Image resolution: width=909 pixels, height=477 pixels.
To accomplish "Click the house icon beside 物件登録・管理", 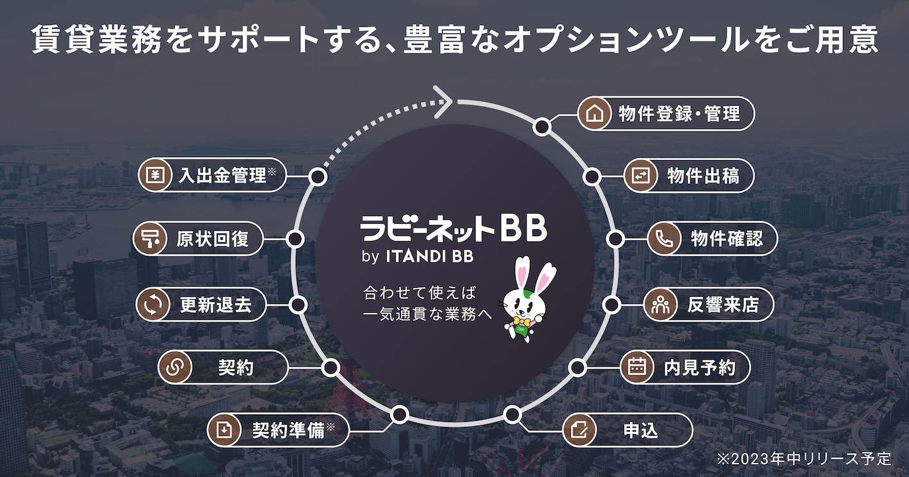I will [x=594, y=114].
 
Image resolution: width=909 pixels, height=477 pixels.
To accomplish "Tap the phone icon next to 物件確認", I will [x=663, y=239].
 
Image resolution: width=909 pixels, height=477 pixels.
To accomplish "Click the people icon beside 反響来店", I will [x=659, y=305].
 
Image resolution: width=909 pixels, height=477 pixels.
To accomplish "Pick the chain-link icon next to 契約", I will [x=174, y=367].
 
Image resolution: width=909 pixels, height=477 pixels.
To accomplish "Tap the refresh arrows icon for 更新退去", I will [x=152, y=305].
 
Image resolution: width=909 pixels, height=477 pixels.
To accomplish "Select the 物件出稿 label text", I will [x=702, y=176].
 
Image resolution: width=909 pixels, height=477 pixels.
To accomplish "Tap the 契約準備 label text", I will [x=288, y=430].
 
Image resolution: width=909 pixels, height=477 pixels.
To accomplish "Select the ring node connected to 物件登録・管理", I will [x=542, y=126].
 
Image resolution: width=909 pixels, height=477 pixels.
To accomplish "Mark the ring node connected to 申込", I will [x=511, y=415].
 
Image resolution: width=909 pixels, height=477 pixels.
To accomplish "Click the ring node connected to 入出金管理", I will [x=317, y=177].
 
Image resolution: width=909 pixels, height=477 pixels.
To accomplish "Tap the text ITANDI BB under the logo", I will [x=430, y=256].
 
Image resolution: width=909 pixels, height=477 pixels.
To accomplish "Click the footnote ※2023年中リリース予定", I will [x=804, y=459].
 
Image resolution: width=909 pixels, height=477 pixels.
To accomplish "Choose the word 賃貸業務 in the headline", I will [x=83, y=40].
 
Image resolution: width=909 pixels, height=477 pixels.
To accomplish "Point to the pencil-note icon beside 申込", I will [x=579, y=430].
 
